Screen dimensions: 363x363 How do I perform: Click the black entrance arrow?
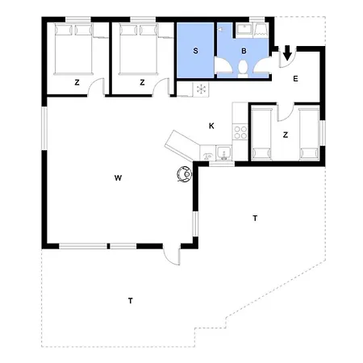(287, 52)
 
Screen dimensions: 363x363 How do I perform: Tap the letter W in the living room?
(118, 177)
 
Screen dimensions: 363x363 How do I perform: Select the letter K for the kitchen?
(211, 126)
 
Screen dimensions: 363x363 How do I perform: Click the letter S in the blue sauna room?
(195, 51)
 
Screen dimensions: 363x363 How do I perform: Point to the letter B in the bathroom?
(244, 51)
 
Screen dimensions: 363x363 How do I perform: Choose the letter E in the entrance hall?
(295, 79)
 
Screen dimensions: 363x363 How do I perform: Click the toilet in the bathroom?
(243, 69)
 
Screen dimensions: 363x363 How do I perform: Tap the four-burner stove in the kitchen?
(240, 132)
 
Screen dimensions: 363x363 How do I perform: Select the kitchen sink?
(223, 153)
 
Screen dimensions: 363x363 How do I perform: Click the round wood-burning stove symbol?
(185, 174)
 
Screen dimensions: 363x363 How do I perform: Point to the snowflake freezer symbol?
(201, 90)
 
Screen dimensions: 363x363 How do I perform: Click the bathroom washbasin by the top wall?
(244, 29)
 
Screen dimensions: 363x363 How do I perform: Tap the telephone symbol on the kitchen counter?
(207, 155)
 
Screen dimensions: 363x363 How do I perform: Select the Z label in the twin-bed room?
(286, 135)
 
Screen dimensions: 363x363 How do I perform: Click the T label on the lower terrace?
(131, 301)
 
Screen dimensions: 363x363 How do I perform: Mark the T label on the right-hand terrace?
(255, 218)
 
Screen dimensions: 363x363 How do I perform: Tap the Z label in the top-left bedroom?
(77, 82)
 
